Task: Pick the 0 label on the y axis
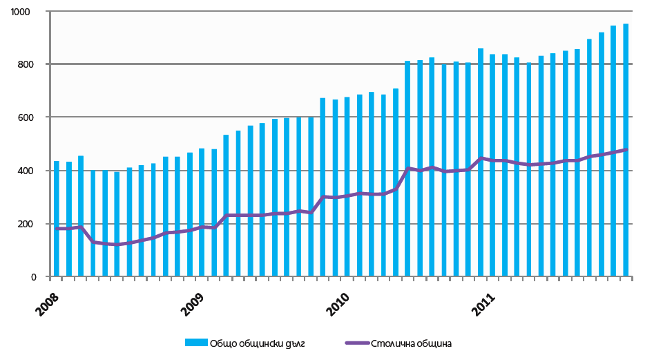[x=39, y=277]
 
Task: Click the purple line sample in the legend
[x=355, y=343]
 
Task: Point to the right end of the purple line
[x=626, y=149]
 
